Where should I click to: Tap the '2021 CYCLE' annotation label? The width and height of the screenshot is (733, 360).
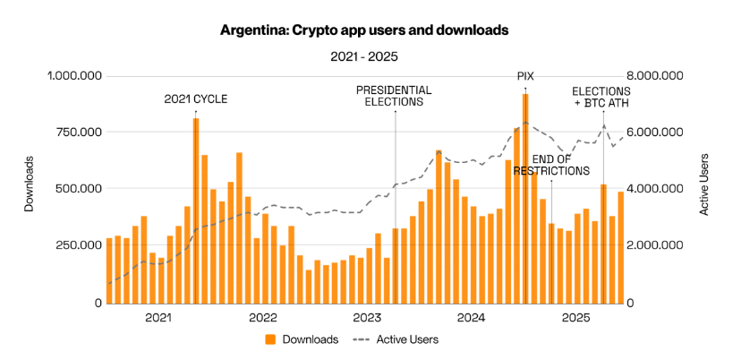(x=195, y=99)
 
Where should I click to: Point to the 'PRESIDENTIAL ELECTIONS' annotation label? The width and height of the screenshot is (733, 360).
(x=394, y=96)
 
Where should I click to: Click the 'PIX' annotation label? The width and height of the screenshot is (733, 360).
(x=525, y=76)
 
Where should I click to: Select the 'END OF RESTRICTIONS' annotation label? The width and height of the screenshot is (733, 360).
(x=551, y=165)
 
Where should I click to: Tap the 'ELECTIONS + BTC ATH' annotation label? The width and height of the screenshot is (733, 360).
(x=601, y=97)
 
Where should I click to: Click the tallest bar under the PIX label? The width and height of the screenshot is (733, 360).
(x=525, y=197)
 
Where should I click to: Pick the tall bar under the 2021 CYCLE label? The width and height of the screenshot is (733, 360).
(x=195, y=210)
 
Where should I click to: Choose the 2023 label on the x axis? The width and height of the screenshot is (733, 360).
(x=367, y=318)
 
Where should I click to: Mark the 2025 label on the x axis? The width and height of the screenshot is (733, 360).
(x=576, y=318)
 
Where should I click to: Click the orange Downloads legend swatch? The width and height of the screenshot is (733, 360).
(x=269, y=339)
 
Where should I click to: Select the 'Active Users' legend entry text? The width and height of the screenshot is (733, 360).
(x=406, y=339)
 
